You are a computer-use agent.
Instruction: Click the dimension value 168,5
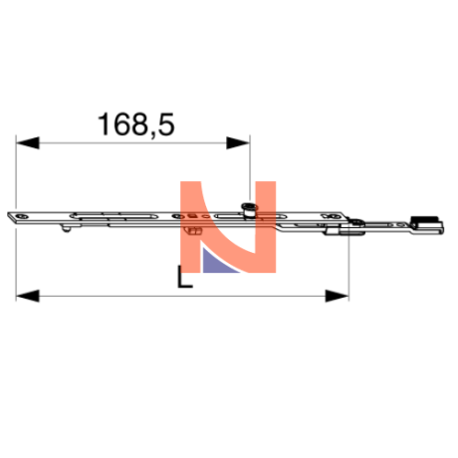click(136, 124)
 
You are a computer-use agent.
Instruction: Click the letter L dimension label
click(184, 277)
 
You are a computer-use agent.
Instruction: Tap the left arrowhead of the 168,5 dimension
click(28, 143)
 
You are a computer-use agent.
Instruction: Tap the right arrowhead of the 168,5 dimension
click(238, 143)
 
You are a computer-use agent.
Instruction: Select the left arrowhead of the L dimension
click(28, 296)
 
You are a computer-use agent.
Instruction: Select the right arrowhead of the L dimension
click(337, 296)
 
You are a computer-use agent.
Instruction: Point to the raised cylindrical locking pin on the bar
click(249, 210)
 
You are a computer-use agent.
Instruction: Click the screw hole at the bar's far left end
click(23, 217)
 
